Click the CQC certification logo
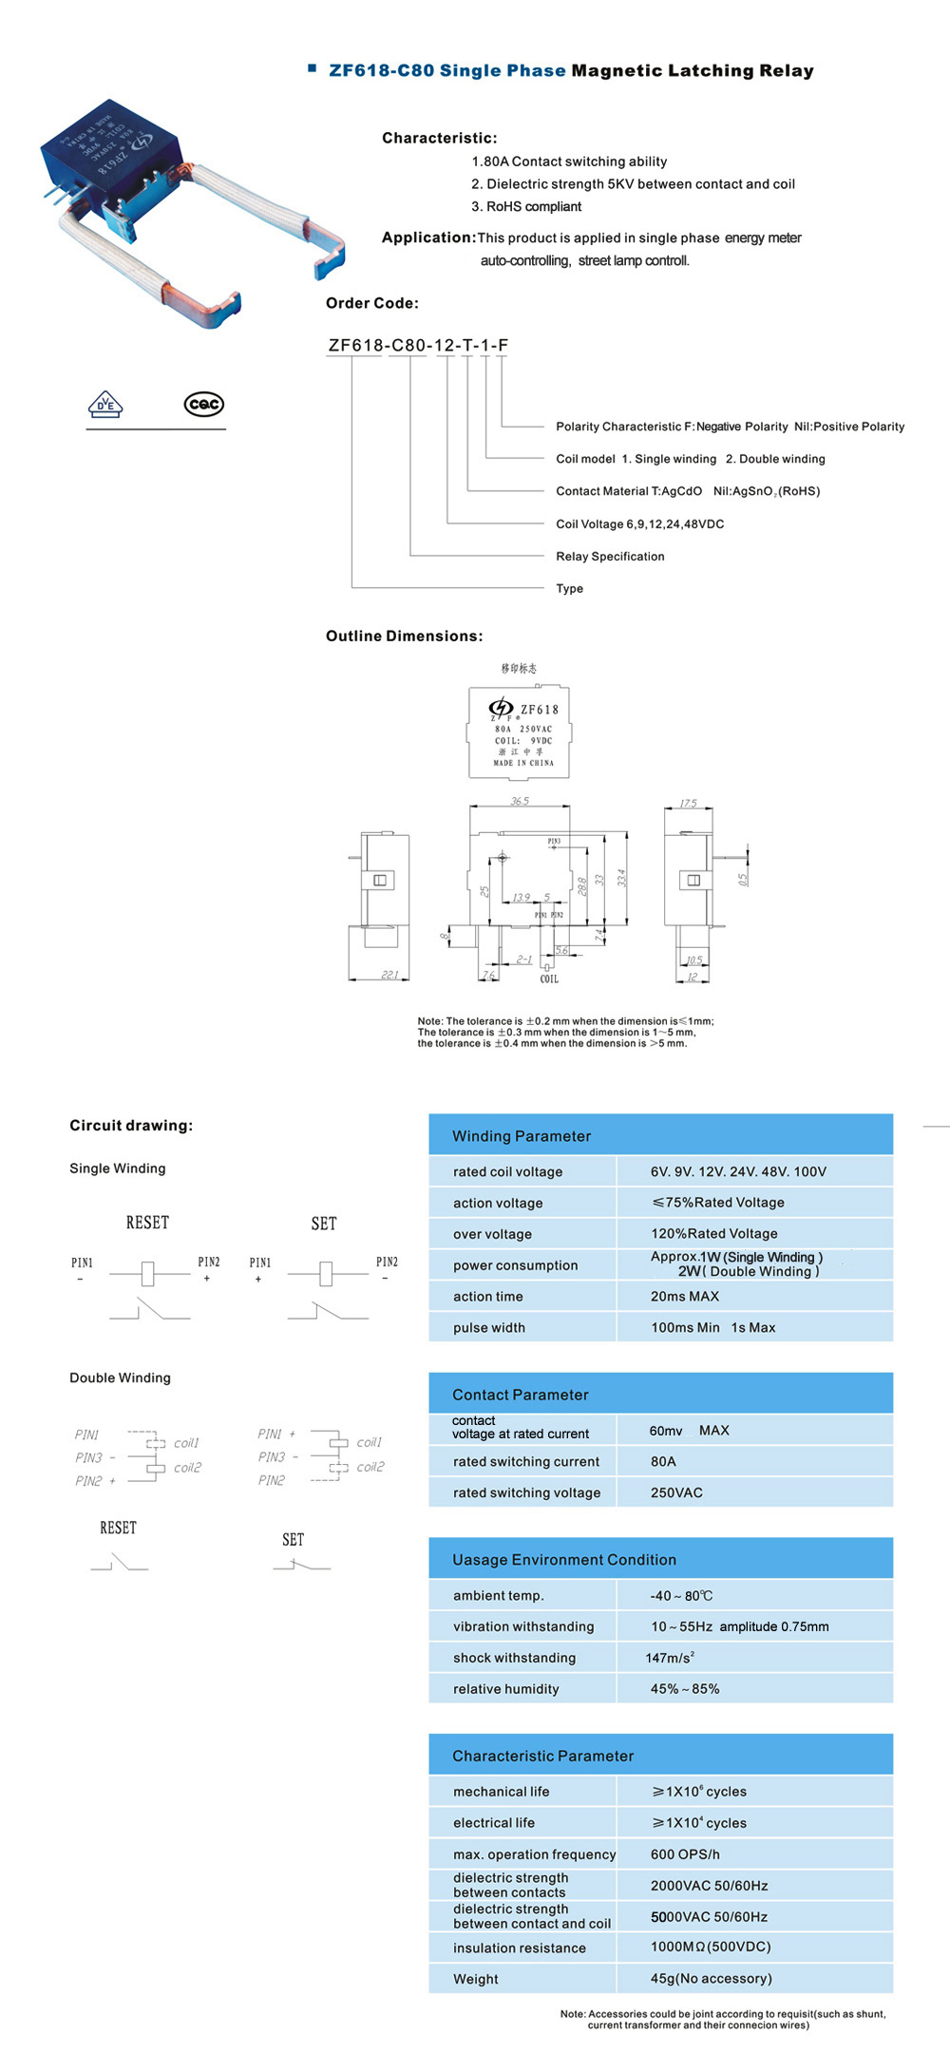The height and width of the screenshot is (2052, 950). click(x=203, y=405)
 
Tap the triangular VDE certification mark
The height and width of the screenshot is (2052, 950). click(x=105, y=405)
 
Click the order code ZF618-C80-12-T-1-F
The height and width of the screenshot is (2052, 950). click(x=418, y=345)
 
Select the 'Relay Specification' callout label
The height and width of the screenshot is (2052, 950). click(x=610, y=557)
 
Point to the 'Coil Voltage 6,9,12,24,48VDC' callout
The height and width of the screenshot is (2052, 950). click(x=639, y=524)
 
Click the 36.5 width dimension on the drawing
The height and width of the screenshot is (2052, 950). click(x=520, y=801)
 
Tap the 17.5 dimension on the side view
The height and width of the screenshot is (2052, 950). click(x=688, y=803)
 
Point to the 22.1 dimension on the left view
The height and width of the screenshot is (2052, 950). click(x=389, y=975)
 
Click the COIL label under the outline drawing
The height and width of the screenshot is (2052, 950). click(x=549, y=978)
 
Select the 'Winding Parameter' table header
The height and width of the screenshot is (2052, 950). click(x=522, y=1136)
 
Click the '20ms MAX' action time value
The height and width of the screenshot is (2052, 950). click(x=685, y=1297)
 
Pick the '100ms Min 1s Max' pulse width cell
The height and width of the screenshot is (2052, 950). click(x=712, y=1328)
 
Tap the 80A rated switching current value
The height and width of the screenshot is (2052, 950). click(x=663, y=1462)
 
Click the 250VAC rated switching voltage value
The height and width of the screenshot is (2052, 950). click(x=676, y=1493)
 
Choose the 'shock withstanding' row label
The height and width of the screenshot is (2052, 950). click(x=514, y=1658)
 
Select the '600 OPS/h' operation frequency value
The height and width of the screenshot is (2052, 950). click(x=685, y=1854)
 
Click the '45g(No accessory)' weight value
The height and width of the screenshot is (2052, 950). click(x=711, y=1979)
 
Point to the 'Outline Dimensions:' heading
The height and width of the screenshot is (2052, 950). click(x=404, y=636)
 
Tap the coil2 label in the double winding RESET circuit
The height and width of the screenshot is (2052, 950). click(x=187, y=1468)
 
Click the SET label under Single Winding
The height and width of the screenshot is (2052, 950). click(x=324, y=1224)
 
